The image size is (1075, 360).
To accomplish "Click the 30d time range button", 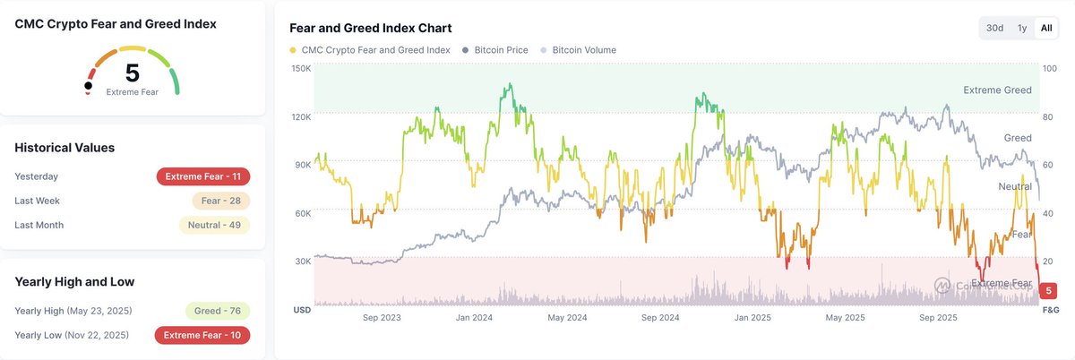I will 994,28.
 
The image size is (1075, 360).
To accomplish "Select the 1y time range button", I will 1021,28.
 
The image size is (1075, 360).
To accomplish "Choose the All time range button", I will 1045,28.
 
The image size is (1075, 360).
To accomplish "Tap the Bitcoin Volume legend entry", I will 583,50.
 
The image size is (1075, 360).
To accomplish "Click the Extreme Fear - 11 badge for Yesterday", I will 202,176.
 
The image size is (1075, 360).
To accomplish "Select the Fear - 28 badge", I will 220,201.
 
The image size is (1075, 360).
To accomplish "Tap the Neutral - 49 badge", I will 214,225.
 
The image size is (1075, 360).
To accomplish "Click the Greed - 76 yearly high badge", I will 217,311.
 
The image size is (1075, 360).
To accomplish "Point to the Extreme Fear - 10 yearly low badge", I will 202,335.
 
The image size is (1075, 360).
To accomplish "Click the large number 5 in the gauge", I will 132,73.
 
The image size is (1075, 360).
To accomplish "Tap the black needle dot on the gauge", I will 88,86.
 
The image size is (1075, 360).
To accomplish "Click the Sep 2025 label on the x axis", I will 940,317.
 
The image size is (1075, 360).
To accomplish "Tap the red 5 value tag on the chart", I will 1048,291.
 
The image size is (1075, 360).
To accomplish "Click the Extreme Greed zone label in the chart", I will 997,90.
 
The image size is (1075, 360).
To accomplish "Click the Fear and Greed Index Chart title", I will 371,29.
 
